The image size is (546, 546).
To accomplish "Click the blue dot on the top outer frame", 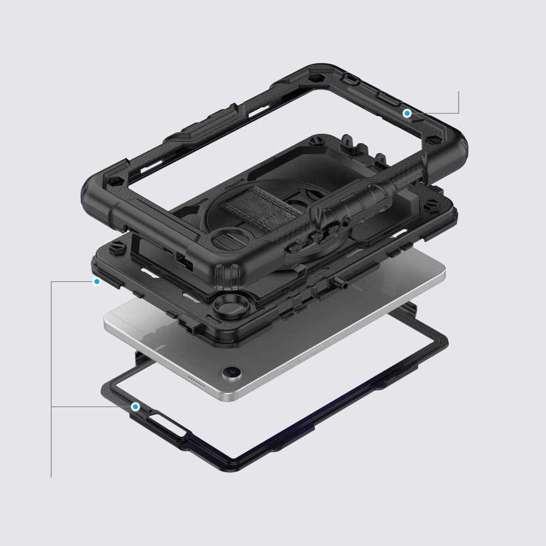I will [407, 113].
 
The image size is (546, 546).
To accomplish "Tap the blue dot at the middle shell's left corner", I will [97, 282].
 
